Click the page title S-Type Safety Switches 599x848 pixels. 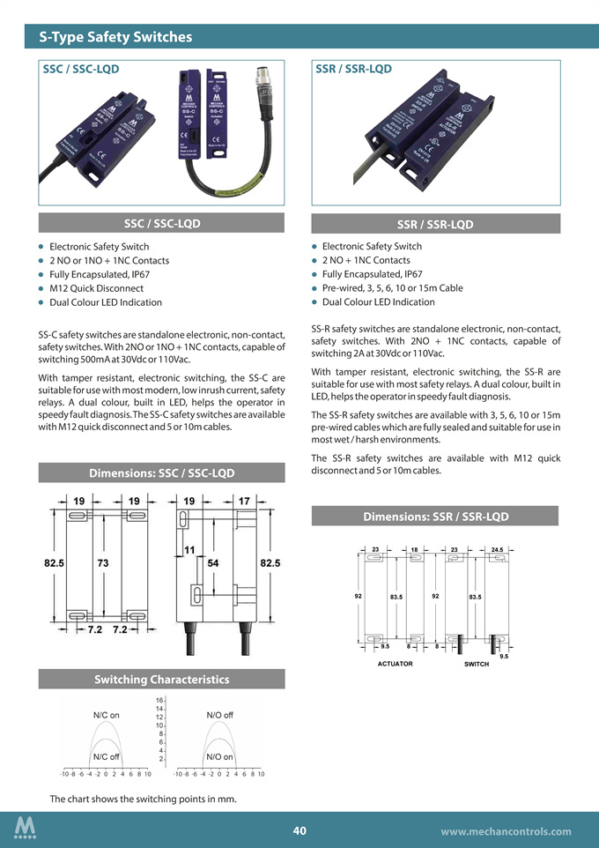click(x=115, y=37)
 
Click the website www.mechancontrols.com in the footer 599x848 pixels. click(x=506, y=830)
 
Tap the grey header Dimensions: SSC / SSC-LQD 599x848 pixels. click(x=160, y=473)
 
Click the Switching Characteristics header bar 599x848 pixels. click(x=160, y=679)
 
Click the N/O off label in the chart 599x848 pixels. click(x=219, y=715)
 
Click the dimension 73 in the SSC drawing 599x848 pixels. click(x=103, y=562)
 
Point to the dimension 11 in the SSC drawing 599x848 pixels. click(x=189, y=550)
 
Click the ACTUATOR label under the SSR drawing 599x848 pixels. click(x=395, y=663)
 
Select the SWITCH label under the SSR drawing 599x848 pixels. click(x=476, y=663)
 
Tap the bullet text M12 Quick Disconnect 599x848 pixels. click(x=96, y=288)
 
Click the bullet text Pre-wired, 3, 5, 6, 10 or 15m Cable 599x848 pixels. click(x=392, y=288)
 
